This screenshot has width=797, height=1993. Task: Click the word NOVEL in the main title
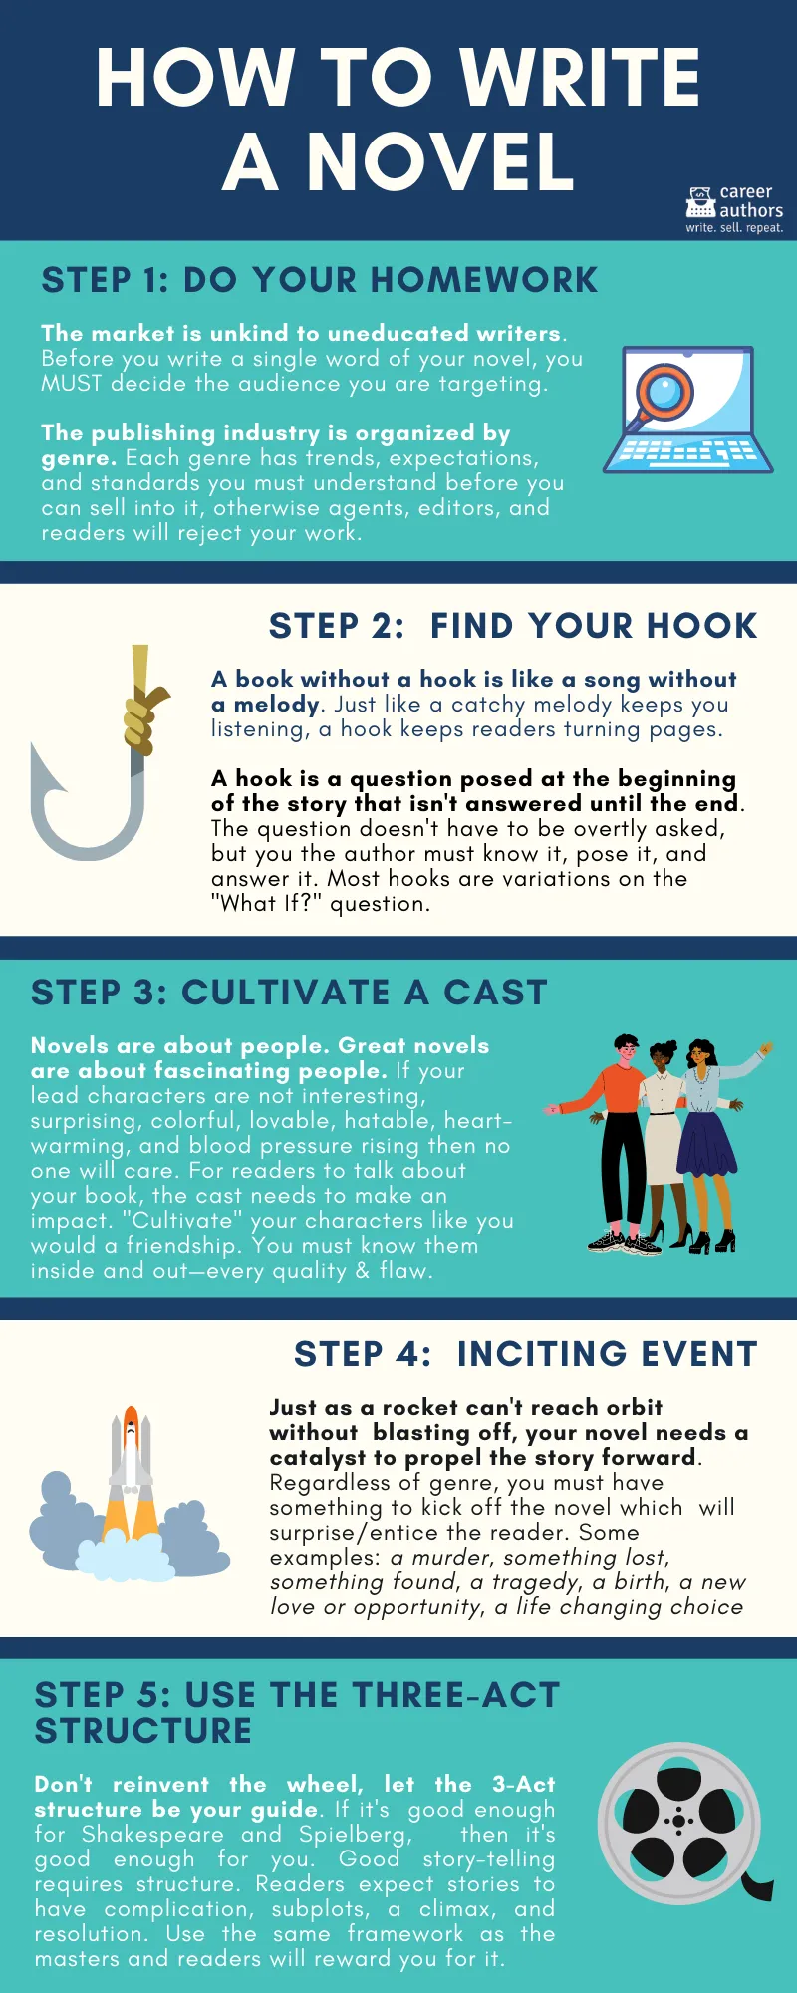440,161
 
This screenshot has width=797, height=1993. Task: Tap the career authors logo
734,208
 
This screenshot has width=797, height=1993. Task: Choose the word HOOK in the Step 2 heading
702,626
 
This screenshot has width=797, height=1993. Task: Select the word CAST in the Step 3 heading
495,993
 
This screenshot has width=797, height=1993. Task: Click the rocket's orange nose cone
131,1419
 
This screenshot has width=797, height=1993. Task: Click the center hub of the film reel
679,1822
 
